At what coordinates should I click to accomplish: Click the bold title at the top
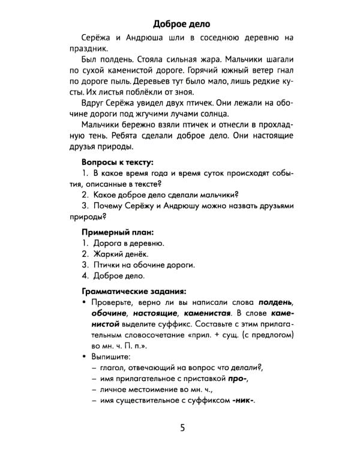tap(181, 25)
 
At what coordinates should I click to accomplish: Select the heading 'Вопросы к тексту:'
tap(117, 162)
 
